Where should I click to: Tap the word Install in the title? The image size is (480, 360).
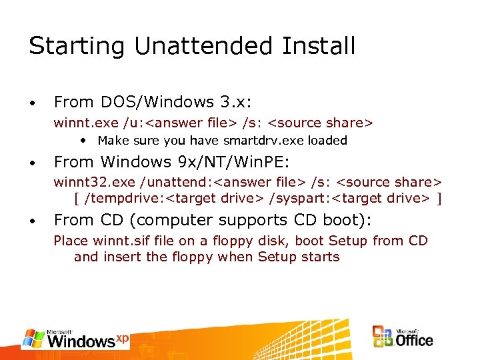(313, 46)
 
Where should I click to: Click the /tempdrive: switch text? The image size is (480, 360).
(123, 198)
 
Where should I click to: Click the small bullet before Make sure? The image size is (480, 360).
(83, 141)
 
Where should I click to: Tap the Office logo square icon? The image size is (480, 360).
(383, 337)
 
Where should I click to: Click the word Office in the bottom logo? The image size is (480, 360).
(415, 340)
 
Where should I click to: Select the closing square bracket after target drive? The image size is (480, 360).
(439, 198)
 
